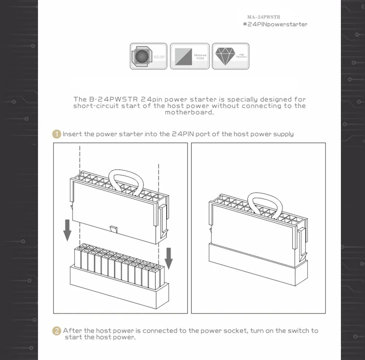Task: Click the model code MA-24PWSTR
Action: click(x=264, y=17)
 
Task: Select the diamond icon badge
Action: click(x=231, y=56)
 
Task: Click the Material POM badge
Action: click(x=190, y=56)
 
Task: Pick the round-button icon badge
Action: click(x=149, y=56)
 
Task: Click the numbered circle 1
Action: click(x=56, y=134)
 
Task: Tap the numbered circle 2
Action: click(x=57, y=331)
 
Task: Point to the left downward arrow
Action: click(x=67, y=230)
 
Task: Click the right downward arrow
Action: click(x=168, y=258)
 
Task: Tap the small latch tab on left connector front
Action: click(x=114, y=230)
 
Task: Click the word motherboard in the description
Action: click(x=189, y=112)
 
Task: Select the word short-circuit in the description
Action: click(x=96, y=106)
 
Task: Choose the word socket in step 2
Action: click(x=237, y=331)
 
